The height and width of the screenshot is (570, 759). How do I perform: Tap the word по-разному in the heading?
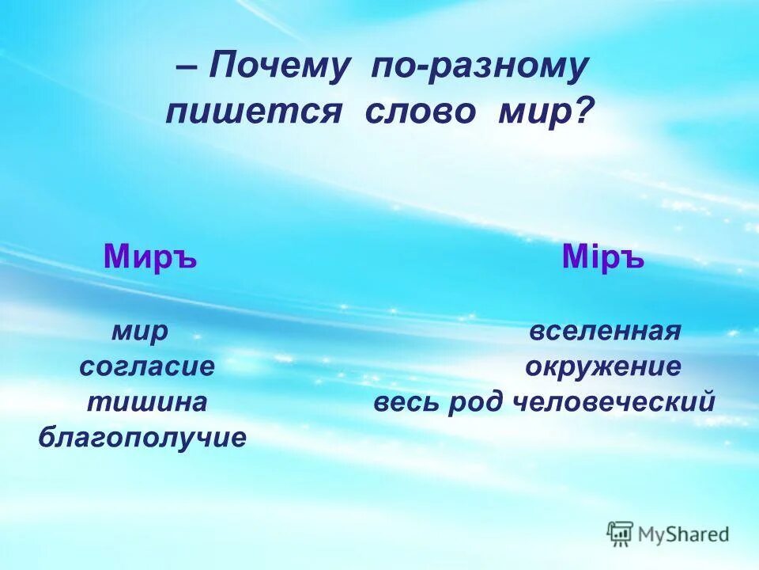click(x=480, y=68)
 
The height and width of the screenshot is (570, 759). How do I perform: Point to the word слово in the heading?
click(x=421, y=112)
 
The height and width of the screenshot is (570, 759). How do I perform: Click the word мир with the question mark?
click(x=534, y=112)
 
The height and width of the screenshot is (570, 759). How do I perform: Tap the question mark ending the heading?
click(x=583, y=112)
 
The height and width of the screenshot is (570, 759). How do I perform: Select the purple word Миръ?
click(x=150, y=257)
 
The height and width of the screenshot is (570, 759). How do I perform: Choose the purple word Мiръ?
click(x=603, y=257)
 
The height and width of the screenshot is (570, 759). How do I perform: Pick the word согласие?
click(x=147, y=367)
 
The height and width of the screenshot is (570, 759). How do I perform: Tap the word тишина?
click(x=146, y=401)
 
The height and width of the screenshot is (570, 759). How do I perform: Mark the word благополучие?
click(x=142, y=437)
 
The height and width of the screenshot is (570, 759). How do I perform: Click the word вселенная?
click(x=605, y=332)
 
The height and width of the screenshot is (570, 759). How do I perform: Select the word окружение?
click(x=603, y=367)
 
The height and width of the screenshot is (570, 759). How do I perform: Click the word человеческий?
click(x=614, y=401)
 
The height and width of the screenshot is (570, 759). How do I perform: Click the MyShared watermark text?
click(x=685, y=534)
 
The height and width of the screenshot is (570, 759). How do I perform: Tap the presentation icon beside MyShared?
click(x=621, y=534)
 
